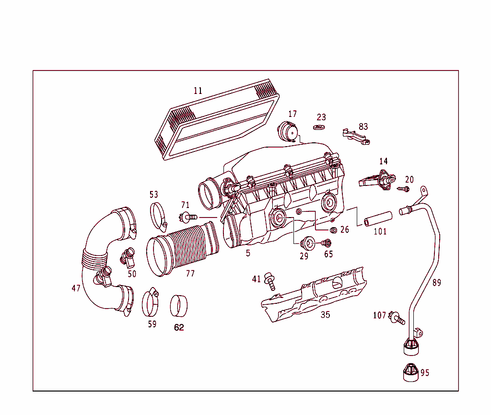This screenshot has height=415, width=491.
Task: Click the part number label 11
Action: click(198, 91)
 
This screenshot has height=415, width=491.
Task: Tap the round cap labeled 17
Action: click(288, 131)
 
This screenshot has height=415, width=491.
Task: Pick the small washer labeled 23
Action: click(319, 127)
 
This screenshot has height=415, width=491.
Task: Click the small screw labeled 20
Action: click(403, 189)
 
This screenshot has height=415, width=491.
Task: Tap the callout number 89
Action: click(436, 283)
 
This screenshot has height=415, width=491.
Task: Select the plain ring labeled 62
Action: click(179, 306)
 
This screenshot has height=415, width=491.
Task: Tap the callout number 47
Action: click(76, 288)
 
